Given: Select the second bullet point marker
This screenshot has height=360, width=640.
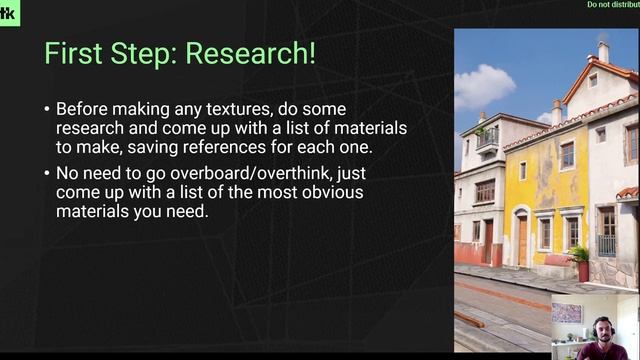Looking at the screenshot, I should click(47, 173).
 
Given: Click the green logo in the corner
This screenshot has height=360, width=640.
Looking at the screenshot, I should click(9, 12).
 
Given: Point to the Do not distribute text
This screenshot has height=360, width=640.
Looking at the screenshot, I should click(612, 5).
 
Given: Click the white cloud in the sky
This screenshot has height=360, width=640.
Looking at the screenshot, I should click(484, 86).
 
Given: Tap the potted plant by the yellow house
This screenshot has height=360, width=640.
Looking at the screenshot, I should click(580, 261).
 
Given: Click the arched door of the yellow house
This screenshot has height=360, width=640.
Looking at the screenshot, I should click(521, 240).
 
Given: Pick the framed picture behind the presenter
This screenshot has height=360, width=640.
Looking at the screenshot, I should click(566, 313).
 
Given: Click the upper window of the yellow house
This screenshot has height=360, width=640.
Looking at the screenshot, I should click(567, 155).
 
